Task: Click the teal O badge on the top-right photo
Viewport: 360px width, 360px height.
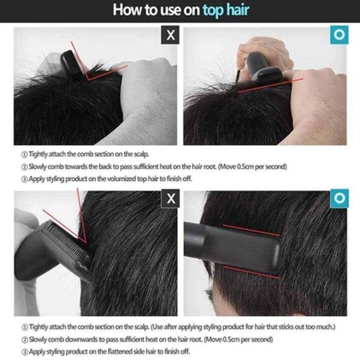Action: tap(339, 35)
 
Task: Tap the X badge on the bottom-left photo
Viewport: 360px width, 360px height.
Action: tap(171, 199)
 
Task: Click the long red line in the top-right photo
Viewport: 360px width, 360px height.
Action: tap(270, 86)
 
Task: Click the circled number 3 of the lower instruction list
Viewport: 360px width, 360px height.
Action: tap(25, 352)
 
